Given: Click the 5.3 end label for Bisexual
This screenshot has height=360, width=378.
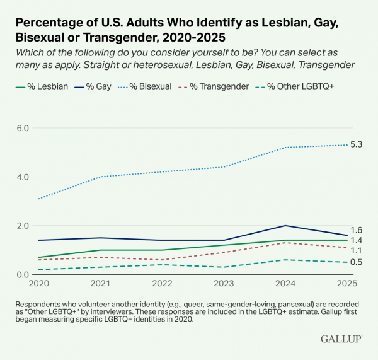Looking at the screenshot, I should point(357,145).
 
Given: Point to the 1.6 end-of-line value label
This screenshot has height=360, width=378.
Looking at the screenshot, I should point(357,231).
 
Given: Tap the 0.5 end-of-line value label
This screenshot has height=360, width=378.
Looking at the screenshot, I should point(357,262).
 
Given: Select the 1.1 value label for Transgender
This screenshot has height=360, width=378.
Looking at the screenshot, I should point(357,251).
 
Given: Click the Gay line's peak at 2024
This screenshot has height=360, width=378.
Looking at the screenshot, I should point(286,226).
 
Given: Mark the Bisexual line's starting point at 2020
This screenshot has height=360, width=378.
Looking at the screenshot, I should point(39,199).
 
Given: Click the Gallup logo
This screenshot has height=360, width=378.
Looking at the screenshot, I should point(341,339).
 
